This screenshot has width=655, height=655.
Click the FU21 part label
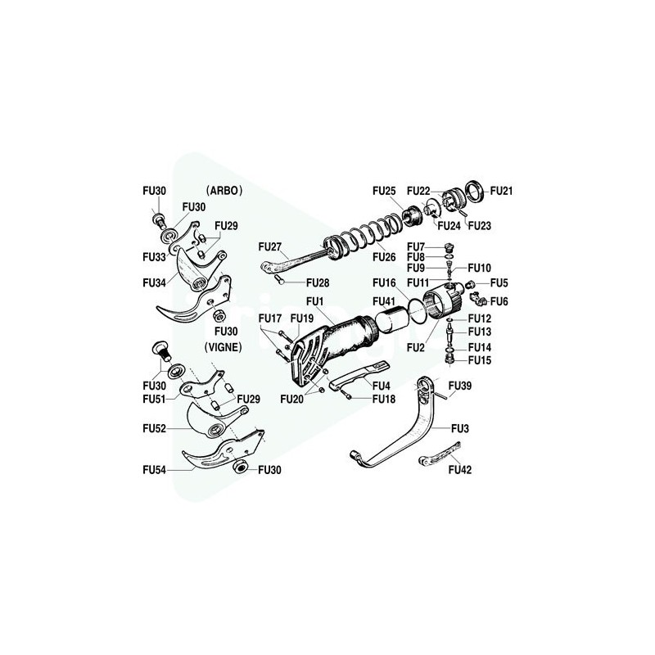click(x=501, y=191)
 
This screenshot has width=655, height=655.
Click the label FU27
click(x=270, y=247)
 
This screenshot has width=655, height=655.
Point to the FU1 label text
click(x=315, y=301)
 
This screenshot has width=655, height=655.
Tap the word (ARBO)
click(x=224, y=191)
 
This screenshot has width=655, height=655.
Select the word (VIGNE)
click(x=223, y=347)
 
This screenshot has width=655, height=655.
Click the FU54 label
click(x=154, y=470)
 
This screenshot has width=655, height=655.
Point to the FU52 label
click(x=154, y=428)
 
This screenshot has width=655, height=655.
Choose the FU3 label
click(x=460, y=428)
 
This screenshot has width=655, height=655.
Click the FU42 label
click(x=460, y=470)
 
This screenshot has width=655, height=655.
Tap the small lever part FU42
click(x=440, y=454)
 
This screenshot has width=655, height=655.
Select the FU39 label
click(x=460, y=386)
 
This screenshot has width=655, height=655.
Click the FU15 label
click(x=480, y=360)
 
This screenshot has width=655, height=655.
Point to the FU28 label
click(x=318, y=282)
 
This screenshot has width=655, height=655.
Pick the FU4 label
click(x=382, y=386)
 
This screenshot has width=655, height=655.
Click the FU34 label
click(x=154, y=282)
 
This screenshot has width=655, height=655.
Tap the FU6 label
click(x=499, y=301)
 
